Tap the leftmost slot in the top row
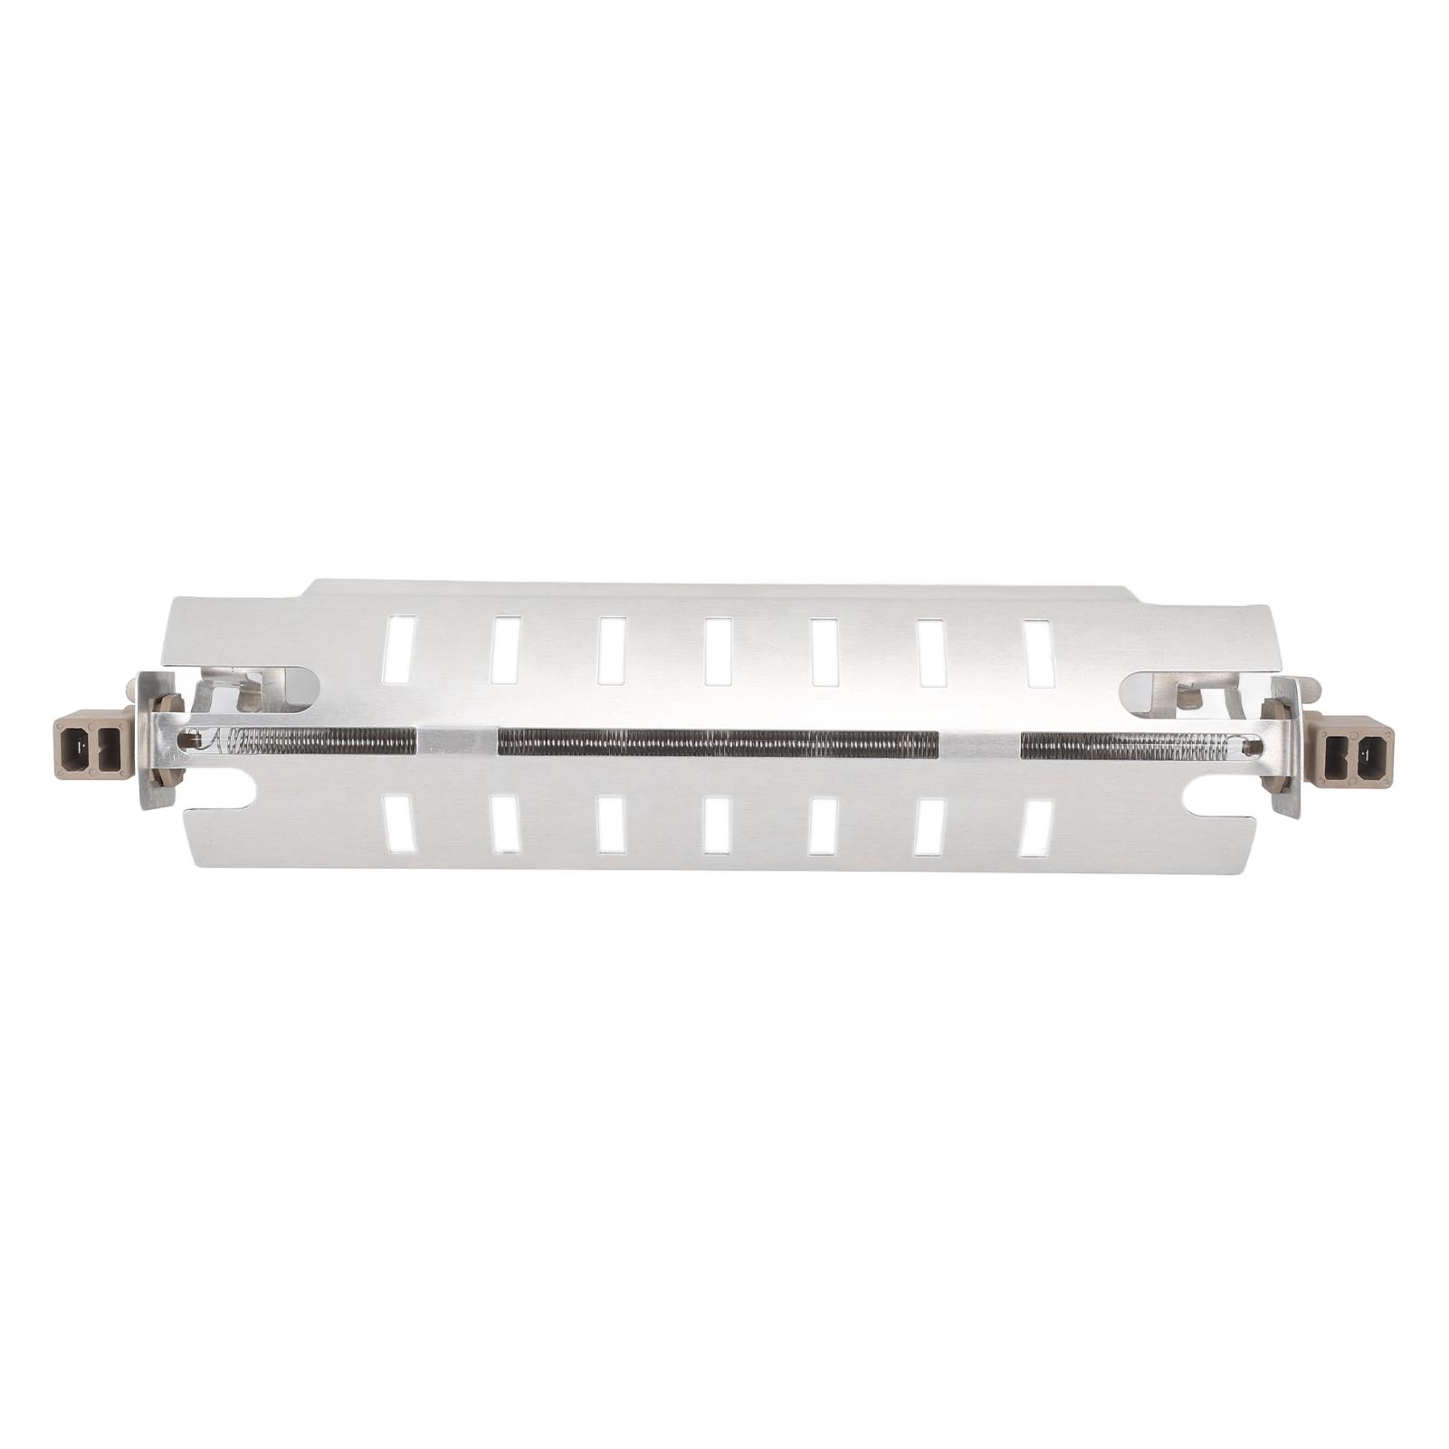(x=398, y=648)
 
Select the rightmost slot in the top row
(x=1038, y=652)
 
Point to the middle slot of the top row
(x=719, y=650)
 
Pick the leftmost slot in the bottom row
(x=397, y=824)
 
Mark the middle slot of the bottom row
(x=717, y=825)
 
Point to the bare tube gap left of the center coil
(x=457, y=742)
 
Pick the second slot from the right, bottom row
(x=929, y=827)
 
